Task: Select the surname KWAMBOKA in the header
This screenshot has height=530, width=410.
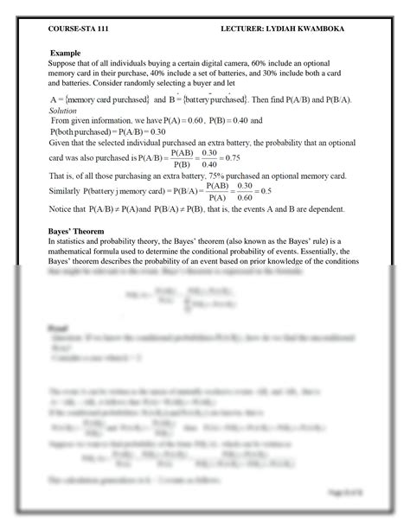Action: (330, 28)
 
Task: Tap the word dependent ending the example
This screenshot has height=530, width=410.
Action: (323, 209)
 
